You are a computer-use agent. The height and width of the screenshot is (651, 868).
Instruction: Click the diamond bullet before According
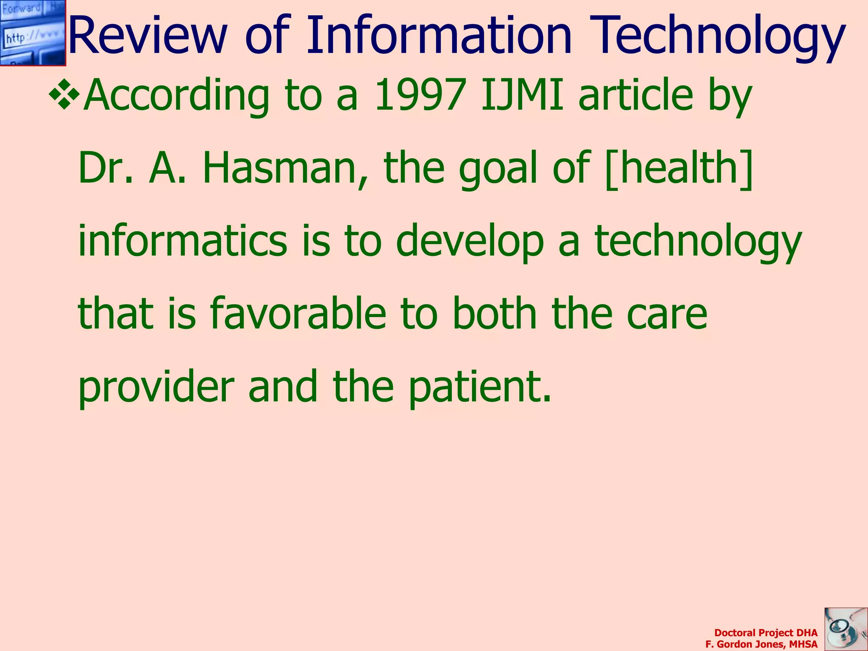(64, 94)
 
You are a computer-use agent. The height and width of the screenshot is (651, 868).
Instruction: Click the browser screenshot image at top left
(33, 33)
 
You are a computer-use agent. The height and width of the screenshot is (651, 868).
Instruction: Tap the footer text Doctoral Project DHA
(765, 633)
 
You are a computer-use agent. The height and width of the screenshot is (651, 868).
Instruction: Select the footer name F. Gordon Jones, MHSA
(761, 644)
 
